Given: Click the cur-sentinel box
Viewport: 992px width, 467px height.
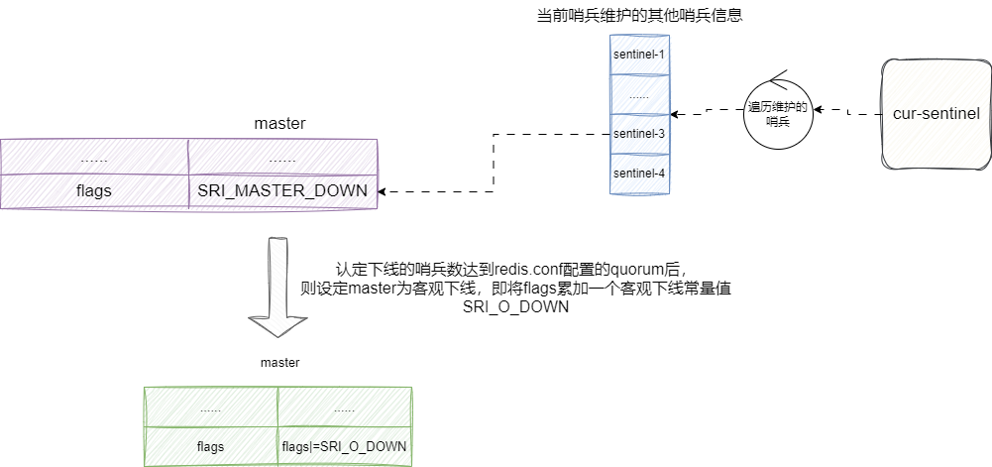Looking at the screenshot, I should [x=936, y=114].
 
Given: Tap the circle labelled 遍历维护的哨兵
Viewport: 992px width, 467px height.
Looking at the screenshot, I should [x=778, y=113].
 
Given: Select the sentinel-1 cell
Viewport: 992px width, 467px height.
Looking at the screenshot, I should [x=639, y=56].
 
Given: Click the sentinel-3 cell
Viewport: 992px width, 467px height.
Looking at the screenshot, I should [x=639, y=133].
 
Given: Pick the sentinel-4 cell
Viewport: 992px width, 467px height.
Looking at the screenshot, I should [x=639, y=174].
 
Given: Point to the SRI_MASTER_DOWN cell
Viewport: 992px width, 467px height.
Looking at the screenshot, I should [x=282, y=190].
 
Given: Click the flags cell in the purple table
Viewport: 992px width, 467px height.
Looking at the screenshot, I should [x=93, y=190].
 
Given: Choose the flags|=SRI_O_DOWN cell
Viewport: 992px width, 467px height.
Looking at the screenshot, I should [x=344, y=446].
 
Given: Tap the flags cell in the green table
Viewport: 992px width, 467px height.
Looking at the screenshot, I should [x=210, y=446].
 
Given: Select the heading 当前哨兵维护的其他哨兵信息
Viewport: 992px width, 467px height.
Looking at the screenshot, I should [x=640, y=17].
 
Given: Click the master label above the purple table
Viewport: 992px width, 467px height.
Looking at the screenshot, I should [x=279, y=124].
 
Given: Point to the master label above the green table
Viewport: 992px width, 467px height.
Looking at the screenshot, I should [x=279, y=363].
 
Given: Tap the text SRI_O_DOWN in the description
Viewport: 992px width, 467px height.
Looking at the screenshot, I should [x=515, y=306].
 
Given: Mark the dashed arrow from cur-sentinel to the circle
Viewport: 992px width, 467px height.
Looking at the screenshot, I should [x=847, y=112].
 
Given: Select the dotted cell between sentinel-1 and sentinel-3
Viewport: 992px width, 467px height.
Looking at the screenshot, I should [x=639, y=95].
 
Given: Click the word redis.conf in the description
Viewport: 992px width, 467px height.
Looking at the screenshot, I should [x=540, y=270].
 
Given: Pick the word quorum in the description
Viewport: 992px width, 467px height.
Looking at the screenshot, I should [x=648, y=270].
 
